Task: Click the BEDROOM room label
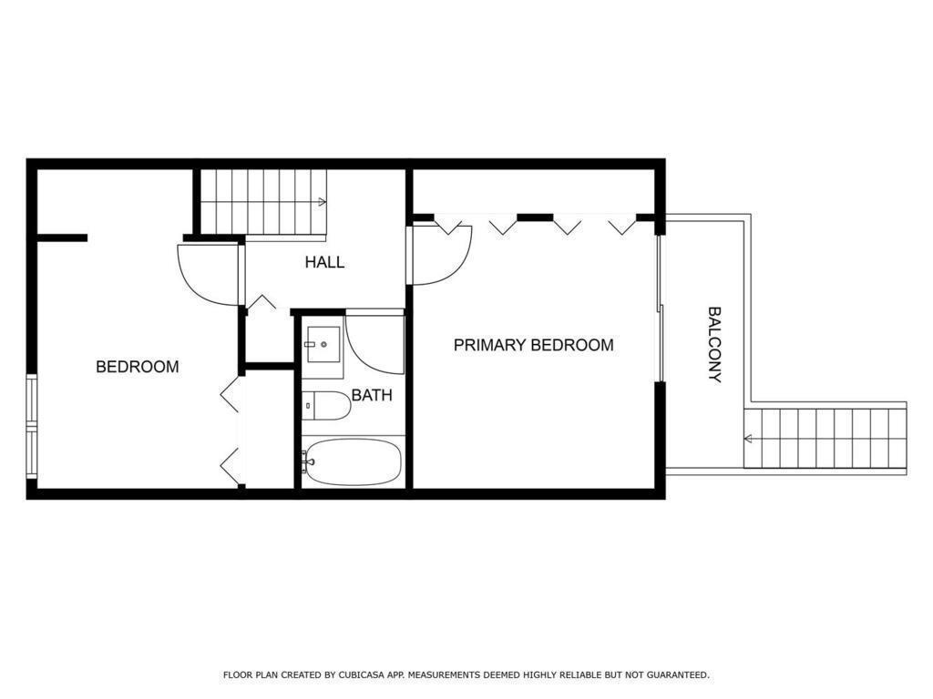coord(138,366)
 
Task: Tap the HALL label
coord(324,262)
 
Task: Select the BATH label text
coord(372,395)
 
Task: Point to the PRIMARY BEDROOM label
coord(534,345)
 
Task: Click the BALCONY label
coord(714,345)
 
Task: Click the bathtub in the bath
coord(353,462)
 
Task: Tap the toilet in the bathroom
coord(325,405)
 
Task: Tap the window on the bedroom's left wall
coord(32,426)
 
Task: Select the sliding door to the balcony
coord(660,309)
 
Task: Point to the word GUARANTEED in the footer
coord(678,674)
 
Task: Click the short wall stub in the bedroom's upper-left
coord(63,238)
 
